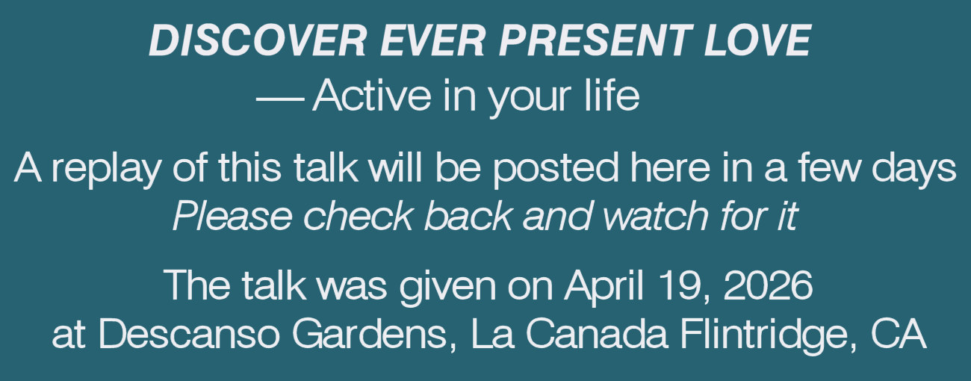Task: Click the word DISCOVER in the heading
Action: coord(258,40)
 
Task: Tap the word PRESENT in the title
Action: coord(595,40)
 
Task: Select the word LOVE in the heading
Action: coord(757,40)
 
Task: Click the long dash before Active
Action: coord(279,99)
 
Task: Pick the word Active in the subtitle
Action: coord(371,96)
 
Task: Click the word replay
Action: coord(105,170)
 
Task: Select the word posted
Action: coord(555,170)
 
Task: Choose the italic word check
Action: coord(358,215)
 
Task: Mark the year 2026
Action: coord(768,285)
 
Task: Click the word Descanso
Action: coord(189,334)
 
